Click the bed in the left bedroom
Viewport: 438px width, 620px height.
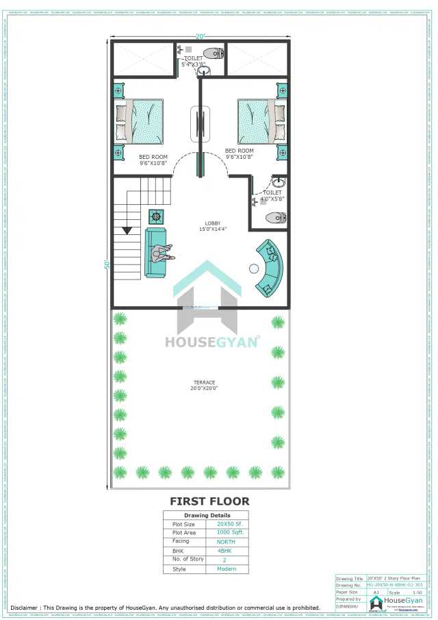point(140,122)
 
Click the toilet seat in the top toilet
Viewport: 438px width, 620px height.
point(214,53)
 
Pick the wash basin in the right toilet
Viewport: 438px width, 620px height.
point(279,183)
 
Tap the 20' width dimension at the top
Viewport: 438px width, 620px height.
point(201,36)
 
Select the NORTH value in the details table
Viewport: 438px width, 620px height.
point(226,541)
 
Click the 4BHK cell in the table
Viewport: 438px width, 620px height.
point(226,550)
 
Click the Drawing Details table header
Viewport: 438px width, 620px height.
point(207,515)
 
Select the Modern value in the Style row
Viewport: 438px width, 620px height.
point(226,569)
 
